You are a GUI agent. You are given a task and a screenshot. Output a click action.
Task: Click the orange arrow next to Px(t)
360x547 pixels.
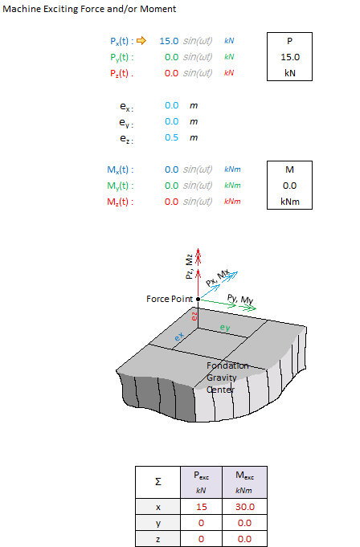[141, 41]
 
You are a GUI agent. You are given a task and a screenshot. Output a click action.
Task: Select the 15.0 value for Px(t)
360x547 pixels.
[169, 41]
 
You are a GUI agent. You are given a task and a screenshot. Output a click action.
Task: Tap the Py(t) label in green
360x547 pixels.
[122, 57]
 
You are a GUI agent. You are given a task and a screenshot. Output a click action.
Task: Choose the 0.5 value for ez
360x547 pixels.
[172, 137]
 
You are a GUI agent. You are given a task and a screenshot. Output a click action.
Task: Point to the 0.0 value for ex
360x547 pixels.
[172, 105]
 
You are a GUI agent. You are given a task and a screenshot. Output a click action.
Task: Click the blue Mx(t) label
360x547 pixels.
[121, 170]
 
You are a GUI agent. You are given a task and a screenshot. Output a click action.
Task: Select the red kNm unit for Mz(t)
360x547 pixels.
[232, 202]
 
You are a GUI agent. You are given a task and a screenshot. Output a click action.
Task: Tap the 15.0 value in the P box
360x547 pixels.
[290, 57]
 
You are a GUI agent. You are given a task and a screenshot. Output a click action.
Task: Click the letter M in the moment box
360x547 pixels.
[289, 169]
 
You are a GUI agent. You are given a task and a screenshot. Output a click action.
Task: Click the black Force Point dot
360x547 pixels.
[198, 299]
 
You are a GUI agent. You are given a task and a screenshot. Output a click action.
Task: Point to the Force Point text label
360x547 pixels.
[170, 299]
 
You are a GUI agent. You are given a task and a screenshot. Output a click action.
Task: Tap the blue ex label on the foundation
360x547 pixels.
[178, 337]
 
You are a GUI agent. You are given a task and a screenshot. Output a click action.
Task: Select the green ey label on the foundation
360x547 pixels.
[225, 328]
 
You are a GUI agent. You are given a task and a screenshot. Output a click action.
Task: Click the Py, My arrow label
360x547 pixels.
[240, 299]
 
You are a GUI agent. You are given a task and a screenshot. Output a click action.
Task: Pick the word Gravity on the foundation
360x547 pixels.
[222, 378]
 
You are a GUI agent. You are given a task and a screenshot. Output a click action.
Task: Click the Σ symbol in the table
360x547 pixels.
[158, 482]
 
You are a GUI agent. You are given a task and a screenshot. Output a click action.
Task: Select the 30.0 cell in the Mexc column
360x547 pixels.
[245, 507]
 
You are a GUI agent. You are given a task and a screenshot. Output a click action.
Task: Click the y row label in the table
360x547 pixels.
[158, 523]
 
